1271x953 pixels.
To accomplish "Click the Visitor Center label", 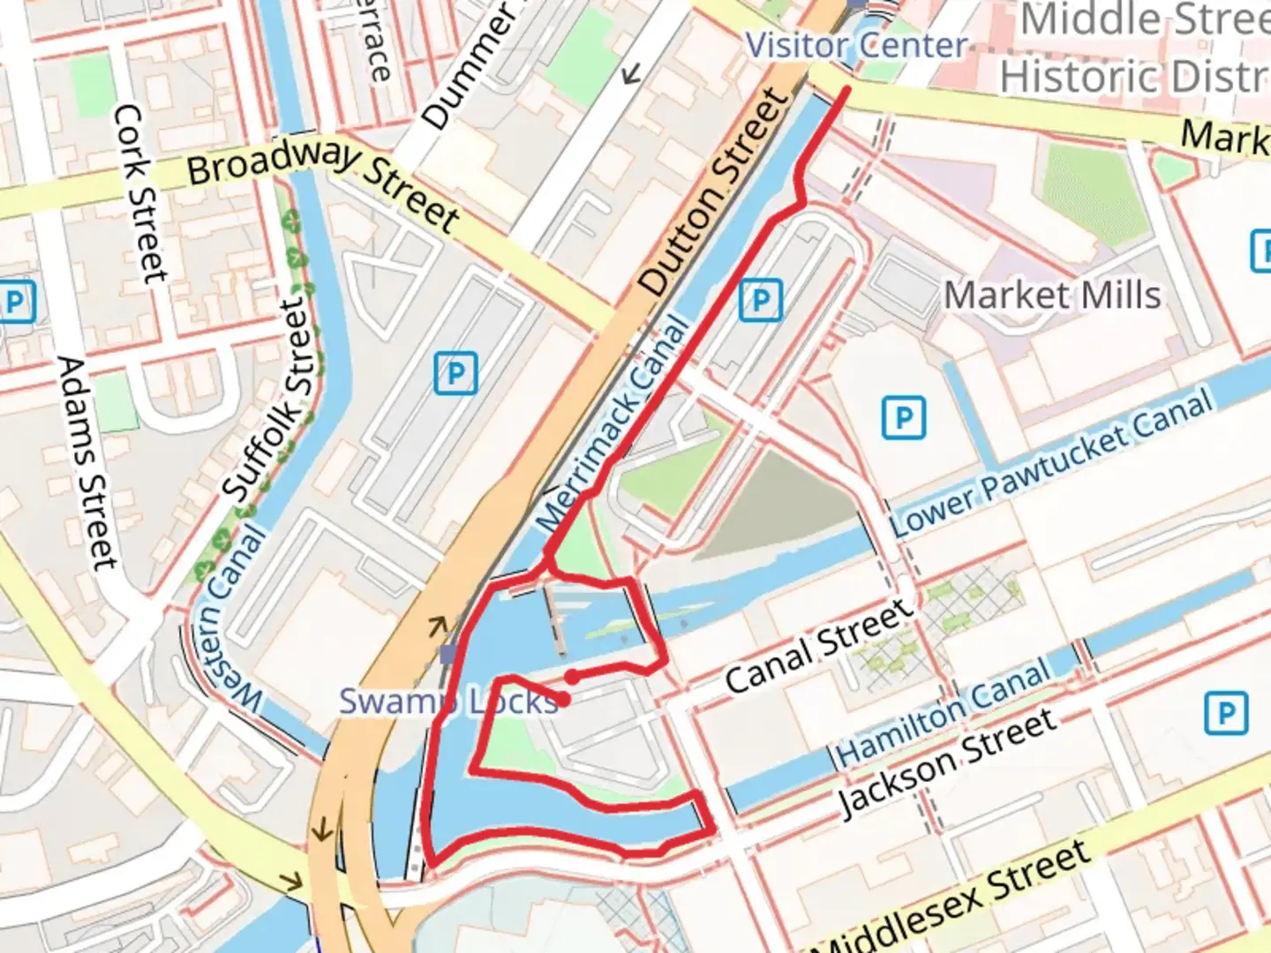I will [855, 45].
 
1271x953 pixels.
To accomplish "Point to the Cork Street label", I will [140, 194].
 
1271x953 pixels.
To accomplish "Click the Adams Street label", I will [86, 462].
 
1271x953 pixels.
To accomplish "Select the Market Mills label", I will [1052, 296].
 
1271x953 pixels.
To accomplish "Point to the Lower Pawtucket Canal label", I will [1051, 463].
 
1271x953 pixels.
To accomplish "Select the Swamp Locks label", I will [449, 702].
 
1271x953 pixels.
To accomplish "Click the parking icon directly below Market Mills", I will [904, 417].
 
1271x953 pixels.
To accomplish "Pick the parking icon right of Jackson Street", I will [1226, 713].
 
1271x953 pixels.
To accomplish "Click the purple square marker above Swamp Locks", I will [448, 654].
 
